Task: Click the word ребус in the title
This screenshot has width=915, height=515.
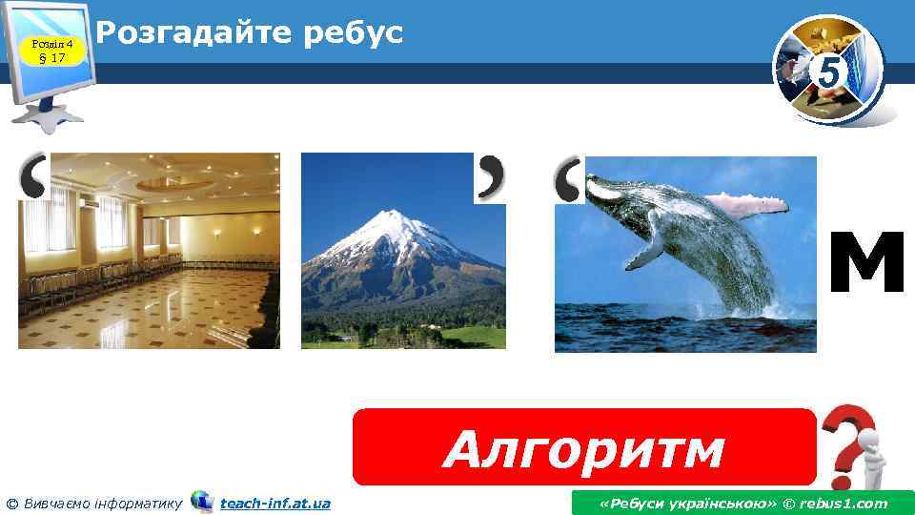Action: coord(353,32)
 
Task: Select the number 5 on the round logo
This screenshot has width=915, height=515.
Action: coord(829,72)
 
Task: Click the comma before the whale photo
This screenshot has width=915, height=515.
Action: coord(568,179)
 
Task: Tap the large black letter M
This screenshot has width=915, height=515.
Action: coord(865,264)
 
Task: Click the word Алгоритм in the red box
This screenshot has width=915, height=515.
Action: coord(583,449)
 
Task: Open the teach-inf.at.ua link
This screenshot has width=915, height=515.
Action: coord(275,503)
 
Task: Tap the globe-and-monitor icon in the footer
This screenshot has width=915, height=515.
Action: coord(202,502)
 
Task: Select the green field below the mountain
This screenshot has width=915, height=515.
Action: coord(457,336)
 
